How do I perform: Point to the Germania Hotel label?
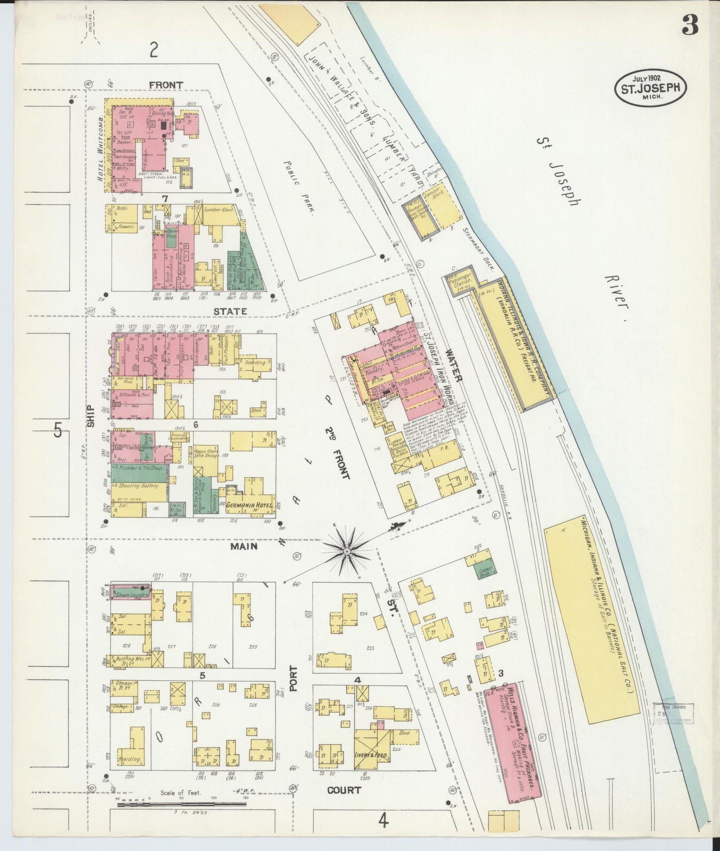pyautogui.click(x=249, y=506)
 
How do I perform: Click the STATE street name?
pyautogui.click(x=230, y=312)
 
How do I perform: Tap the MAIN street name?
pyautogui.click(x=244, y=546)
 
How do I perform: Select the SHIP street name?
pyautogui.click(x=91, y=416)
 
